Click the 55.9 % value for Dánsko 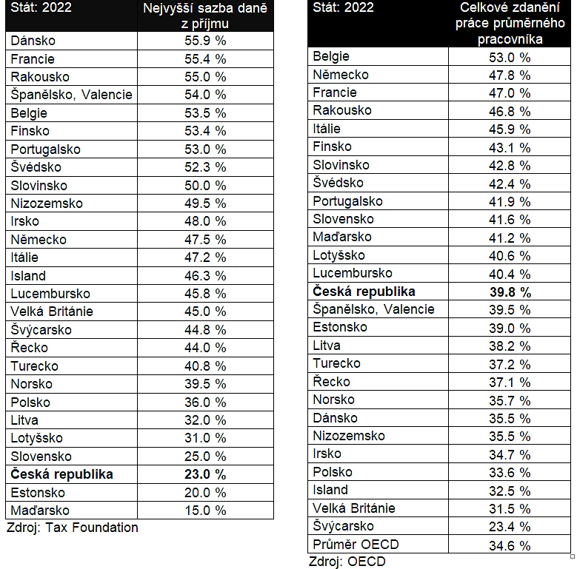tap(205, 41)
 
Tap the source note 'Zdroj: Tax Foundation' tap(73, 528)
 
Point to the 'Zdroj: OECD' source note tap(347, 562)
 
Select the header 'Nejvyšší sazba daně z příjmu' tap(205, 16)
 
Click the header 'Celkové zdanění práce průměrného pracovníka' tap(510, 23)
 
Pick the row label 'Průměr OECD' tap(356, 545)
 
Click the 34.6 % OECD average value tap(510, 545)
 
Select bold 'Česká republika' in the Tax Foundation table tap(61, 474)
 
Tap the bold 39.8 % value tap(510, 292)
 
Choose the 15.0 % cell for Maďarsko tap(205, 511)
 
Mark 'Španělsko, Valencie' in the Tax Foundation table tap(71, 95)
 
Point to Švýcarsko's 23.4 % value tap(510, 527)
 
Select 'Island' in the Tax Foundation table tap(28, 276)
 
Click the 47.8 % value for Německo tap(510, 75)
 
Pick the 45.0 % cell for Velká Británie tap(205, 312)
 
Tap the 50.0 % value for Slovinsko tap(205, 185)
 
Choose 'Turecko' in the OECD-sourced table tap(336, 363)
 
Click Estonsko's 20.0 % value tap(205, 493)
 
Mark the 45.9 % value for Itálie tap(510, 129)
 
